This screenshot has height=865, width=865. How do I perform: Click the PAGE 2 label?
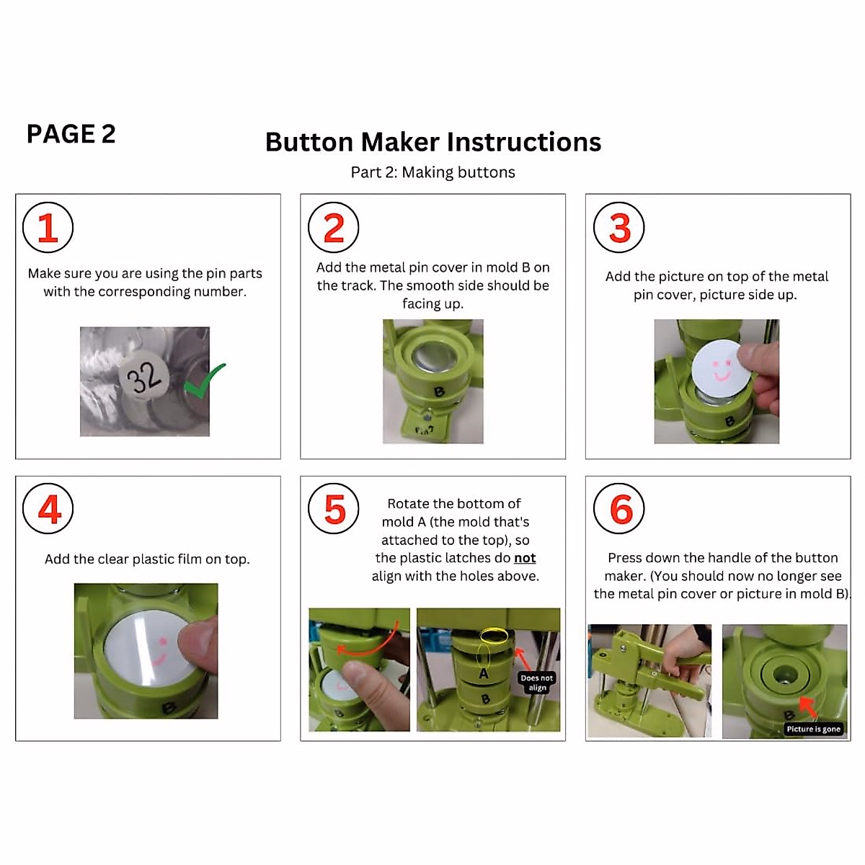point(71,134)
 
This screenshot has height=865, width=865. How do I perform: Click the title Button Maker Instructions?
point(432,142)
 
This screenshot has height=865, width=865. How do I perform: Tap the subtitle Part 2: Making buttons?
point(432,172)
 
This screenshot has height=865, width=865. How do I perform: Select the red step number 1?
point(48,228)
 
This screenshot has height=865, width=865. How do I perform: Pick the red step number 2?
point(334,228)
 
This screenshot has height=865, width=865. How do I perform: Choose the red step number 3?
point(619,228)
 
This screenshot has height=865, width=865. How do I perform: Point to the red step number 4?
point(49,509)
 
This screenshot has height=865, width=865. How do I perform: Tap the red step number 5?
point(334,510)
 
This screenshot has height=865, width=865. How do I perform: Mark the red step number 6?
point(621,510)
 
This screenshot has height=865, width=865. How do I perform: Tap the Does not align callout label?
point(537,683)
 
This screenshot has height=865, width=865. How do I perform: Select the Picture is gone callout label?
point(813,729)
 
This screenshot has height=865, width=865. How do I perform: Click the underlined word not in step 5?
point(525,558)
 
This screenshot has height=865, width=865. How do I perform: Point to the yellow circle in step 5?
point(494,636)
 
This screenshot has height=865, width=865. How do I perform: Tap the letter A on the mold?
point(484,673)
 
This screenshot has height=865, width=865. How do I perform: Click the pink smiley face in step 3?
point(720,369)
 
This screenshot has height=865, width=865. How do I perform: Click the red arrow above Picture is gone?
point(808,707)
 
